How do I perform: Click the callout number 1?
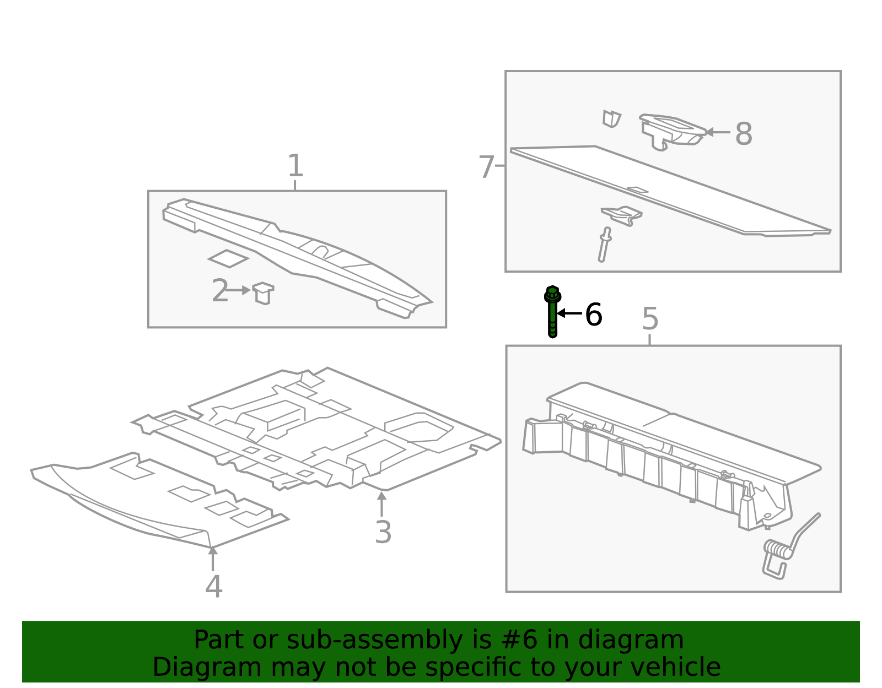coord(295,165)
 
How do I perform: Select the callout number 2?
coord(220,290)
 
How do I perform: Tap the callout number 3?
coord(383,532)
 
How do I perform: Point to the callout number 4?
coord(213,586)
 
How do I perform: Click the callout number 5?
coord(650,318)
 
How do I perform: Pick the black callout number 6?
coord(593,315)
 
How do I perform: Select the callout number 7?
coord(486,166)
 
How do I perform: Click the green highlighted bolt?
coord(552,311)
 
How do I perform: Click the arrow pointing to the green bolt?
coord(569,313)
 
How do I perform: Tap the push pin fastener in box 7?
coord(604,245)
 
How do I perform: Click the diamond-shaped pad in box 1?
coord(228,259)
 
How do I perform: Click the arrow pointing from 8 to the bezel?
coord(718,132)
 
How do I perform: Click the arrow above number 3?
coord(381,503)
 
